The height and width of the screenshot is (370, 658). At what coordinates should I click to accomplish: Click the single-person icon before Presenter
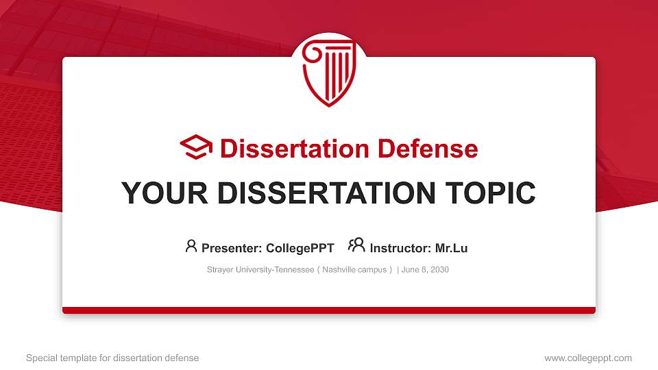[x=191, y=246]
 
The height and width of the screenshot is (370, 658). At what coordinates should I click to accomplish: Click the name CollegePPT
[x=300, y=248]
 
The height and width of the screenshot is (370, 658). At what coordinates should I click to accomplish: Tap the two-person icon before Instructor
[x=356, y=246]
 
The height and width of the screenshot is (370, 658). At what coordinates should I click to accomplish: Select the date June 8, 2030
[x=425, y=270]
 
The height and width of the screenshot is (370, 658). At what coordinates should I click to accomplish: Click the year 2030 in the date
[x=439, y=270]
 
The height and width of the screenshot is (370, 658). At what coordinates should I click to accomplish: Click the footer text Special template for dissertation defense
[x=112, y=358]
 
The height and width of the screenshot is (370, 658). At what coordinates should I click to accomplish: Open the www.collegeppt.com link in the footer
[x=588, y=358]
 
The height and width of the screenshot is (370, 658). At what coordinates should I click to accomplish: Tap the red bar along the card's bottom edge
[x=329, y=310]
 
